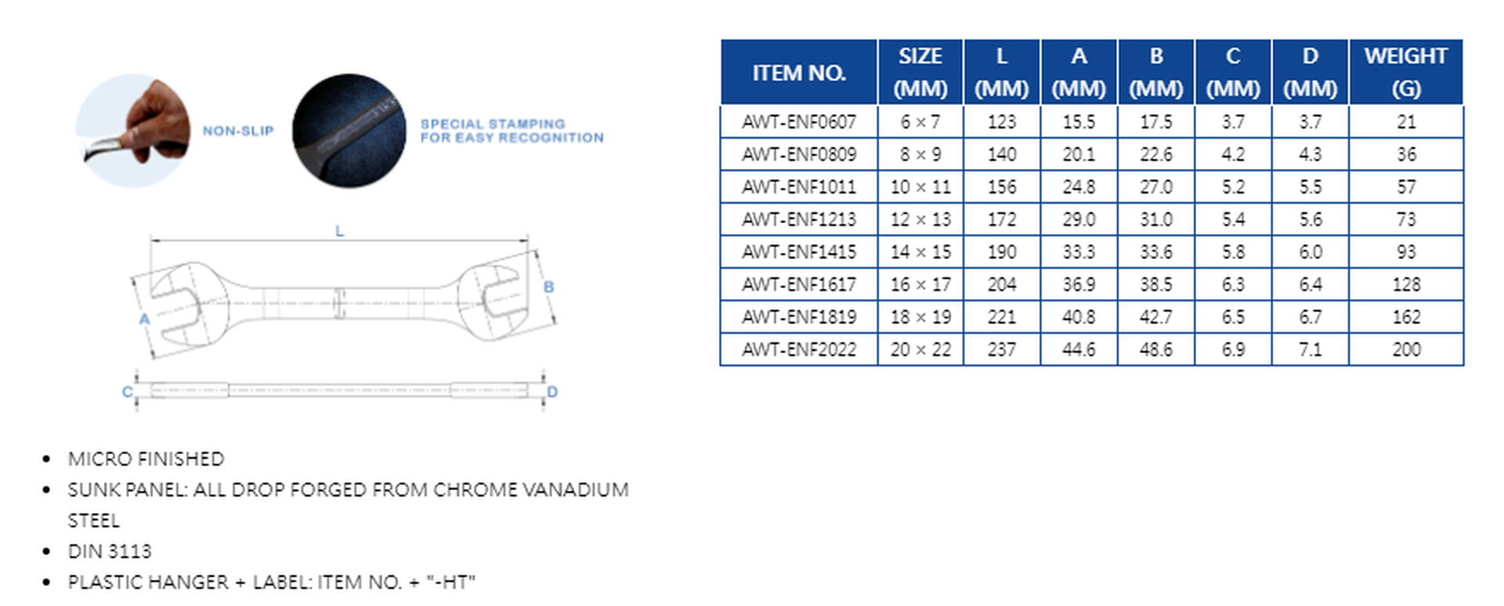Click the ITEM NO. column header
pos(799,73)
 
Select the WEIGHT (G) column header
pos(1406,72)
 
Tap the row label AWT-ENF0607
pos(799,122)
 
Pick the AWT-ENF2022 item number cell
pos(799,349)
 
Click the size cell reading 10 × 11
pos(920,187)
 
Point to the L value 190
pos(1002,252)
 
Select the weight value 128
pos(1406,284)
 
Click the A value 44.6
pos(1079,349)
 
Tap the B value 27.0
pos(1156,187)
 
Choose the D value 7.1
pos(1311,349)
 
